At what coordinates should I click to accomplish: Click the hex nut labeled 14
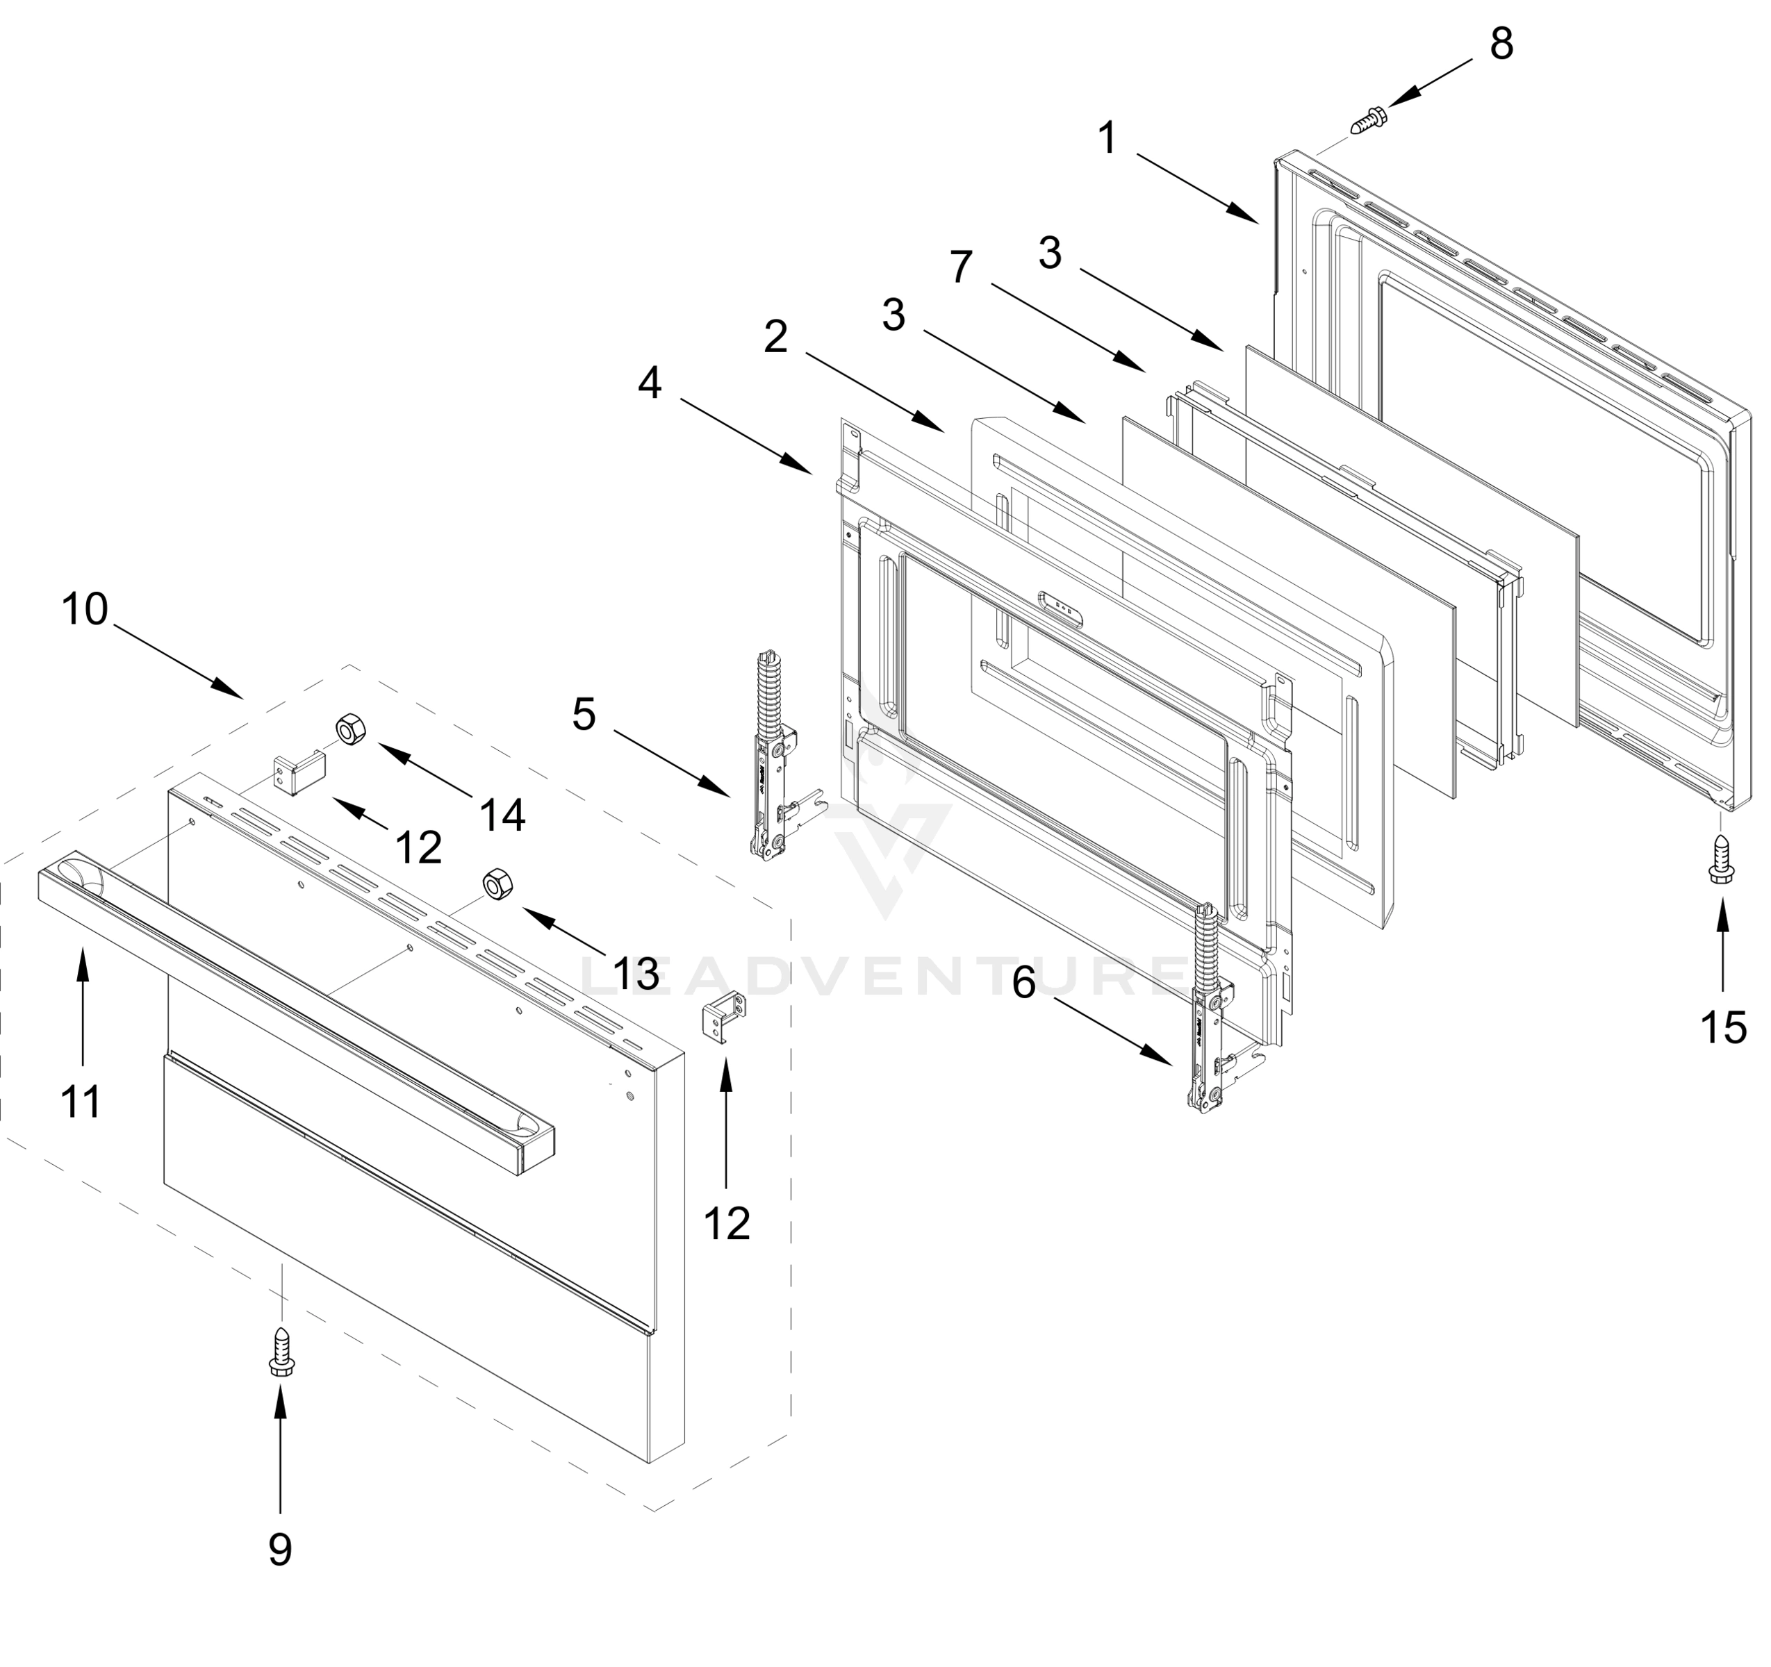coord(347,729)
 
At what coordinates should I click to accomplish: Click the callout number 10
coord(85,611)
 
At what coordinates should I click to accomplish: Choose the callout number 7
coord(960,268)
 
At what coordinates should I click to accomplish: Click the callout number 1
coord(1107,139)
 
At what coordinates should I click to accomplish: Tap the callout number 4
coord(650,384)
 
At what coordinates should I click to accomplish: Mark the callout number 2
coord(776,338)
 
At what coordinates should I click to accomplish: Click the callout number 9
coord(280,1550)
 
